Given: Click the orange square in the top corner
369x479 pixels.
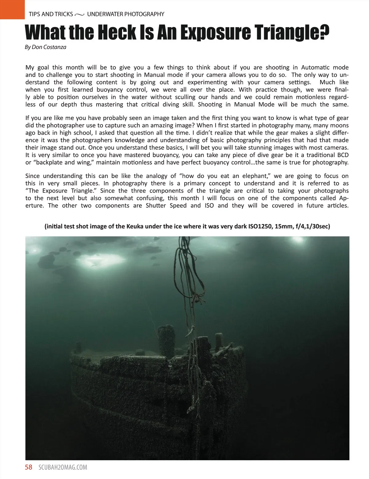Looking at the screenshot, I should (12, 9).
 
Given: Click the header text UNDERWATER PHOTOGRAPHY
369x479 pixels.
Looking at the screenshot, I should (125, 14).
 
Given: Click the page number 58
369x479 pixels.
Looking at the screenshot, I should (29, 467).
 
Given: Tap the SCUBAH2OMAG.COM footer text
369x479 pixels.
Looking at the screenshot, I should (63, 467).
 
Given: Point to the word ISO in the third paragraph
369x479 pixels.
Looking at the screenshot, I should (209, 205).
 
